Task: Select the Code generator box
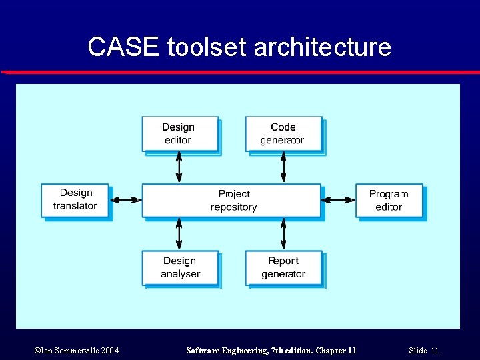point(283,134)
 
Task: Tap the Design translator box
point(75,200)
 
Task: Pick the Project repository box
point(231,201)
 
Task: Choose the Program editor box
point(389,201)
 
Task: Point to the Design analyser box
point(180,267)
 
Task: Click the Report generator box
point(283,267)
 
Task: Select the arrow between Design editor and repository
point(179,167)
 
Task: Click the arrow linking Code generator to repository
point(283,167)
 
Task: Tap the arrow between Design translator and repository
point(125,199)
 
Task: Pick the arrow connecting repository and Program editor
point(339,199)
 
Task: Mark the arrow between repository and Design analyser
point(179,233)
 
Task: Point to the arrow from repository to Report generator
point(283,233)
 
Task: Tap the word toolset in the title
point(207,47)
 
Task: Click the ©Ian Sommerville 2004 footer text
point(77,351)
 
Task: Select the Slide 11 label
point(423,351)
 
